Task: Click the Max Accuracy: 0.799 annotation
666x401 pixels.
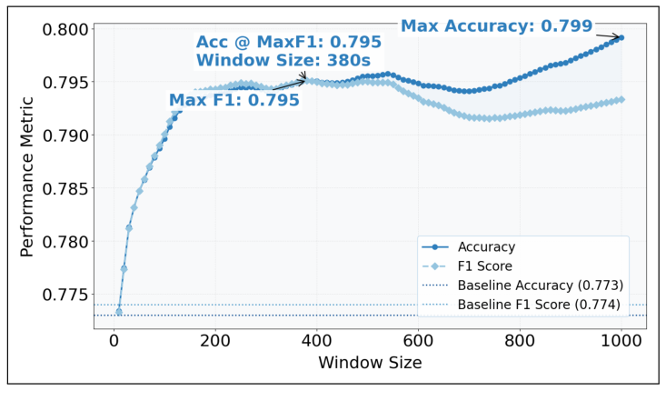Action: pyautogui.click(x=496, y=26)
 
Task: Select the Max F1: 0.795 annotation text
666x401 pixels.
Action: pyautogui.click(x=234, y=100)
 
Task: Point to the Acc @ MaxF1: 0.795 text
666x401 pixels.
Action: pyautogui.click(x=288, y=43)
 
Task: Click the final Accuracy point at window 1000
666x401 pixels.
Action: pyautogui.click(x=621, y=37)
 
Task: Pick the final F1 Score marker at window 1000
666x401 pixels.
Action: pyautogui.click(x=621, y=99)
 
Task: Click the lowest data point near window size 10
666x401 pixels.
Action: pyautogui.click(x=119, y=312)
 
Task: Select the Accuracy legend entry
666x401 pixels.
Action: pyautogui.click(x=486, y=247)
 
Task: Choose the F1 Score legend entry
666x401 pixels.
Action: pyautogui.click(x=486, y=266)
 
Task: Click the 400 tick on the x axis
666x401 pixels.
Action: pyautogui.click(x=317, y=341)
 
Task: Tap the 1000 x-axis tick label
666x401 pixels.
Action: pyautogui.click(x=621, y=341)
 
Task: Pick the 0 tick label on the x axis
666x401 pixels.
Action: pyautogui.click(x=114, y=341)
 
